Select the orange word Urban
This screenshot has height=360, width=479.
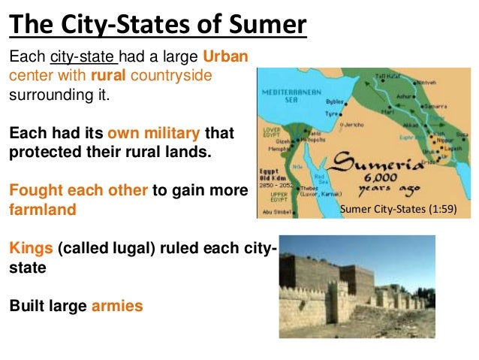226,58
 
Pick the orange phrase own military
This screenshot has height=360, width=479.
154,134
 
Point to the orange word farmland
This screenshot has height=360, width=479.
42,210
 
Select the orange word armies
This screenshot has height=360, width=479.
116,306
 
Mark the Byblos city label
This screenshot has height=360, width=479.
334,100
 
